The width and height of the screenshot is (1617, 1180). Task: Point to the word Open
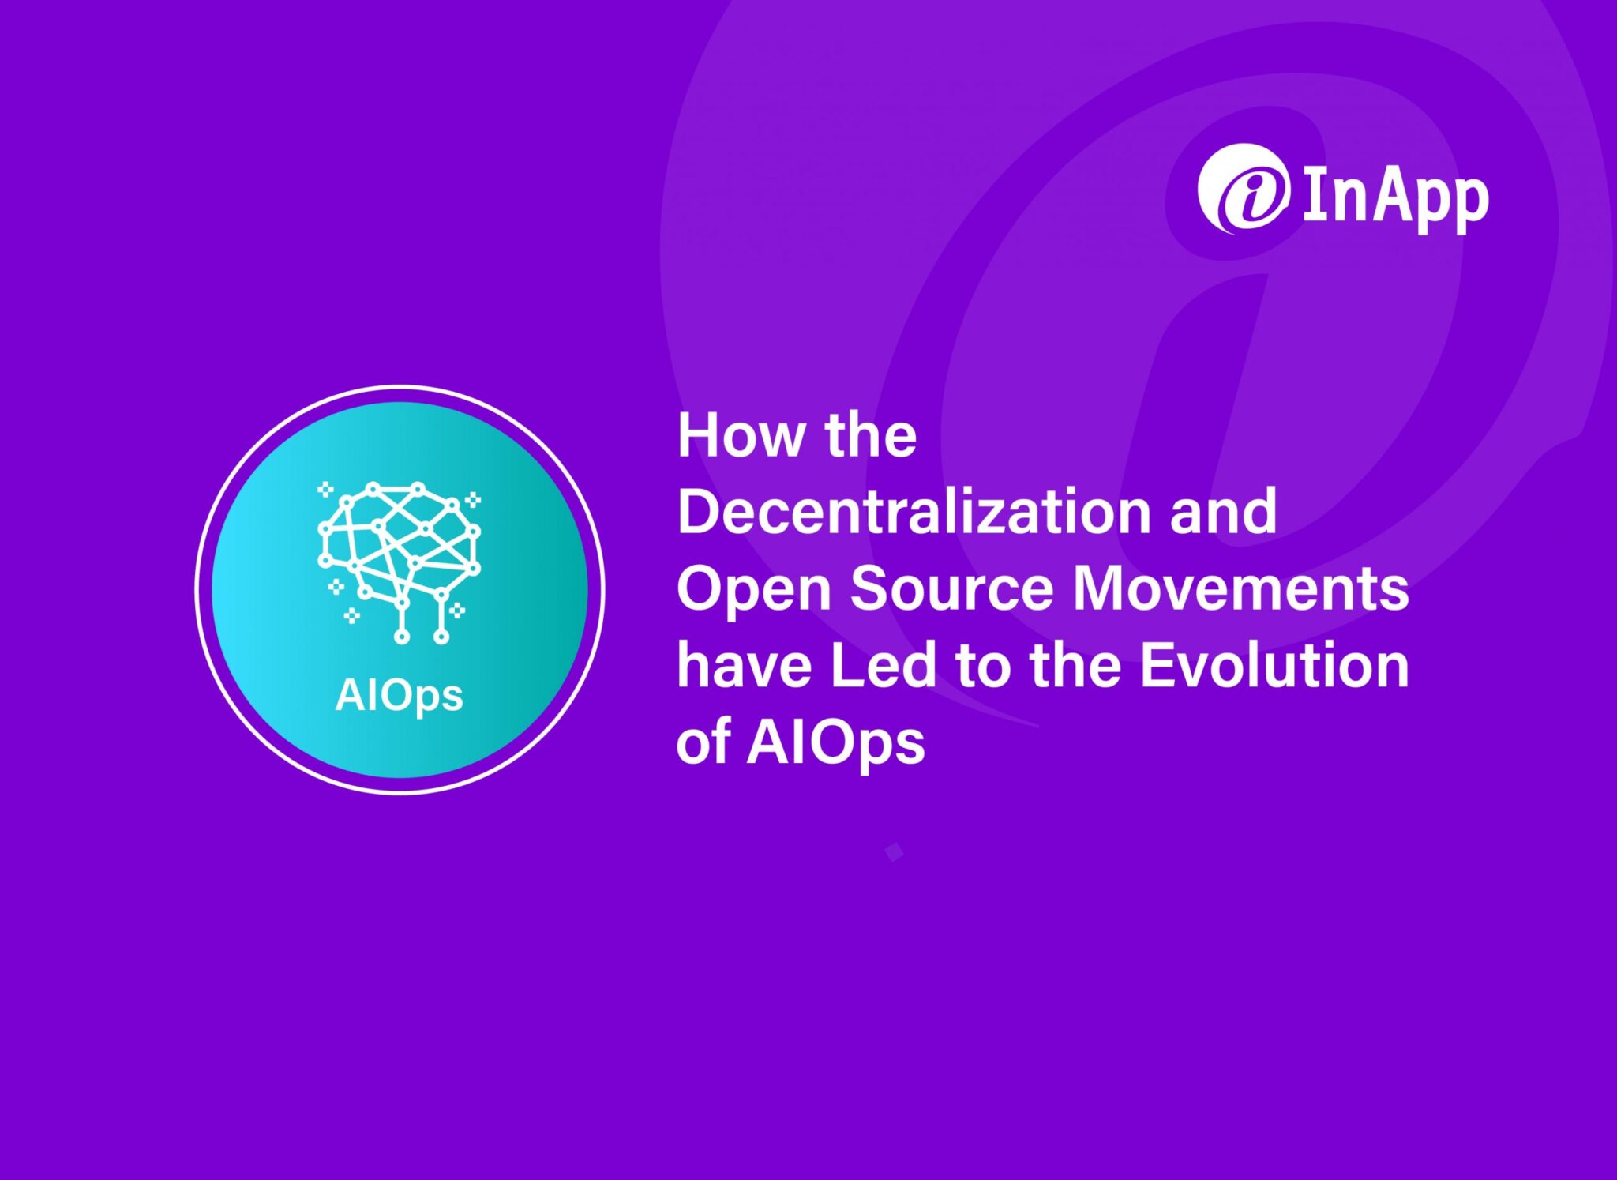click(753, 590)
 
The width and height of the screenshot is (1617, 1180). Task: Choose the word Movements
click(1240, 588)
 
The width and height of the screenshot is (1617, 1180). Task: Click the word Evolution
click(1274, 665)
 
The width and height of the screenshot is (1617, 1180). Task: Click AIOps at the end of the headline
click(835, 743)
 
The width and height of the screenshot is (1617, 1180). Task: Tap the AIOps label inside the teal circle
click(399, 696)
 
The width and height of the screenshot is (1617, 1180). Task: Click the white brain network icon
click(400, 553)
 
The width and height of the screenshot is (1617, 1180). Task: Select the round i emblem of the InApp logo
click(1243, 190)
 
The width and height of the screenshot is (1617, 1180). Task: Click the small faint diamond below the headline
click(894, 852)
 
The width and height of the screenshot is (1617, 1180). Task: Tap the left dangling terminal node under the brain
click(402, 637)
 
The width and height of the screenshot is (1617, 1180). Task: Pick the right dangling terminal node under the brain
click(441, 636)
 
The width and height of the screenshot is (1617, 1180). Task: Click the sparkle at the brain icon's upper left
click(325, 490)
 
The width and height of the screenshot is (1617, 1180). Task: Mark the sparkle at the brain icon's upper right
click(473, 499)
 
